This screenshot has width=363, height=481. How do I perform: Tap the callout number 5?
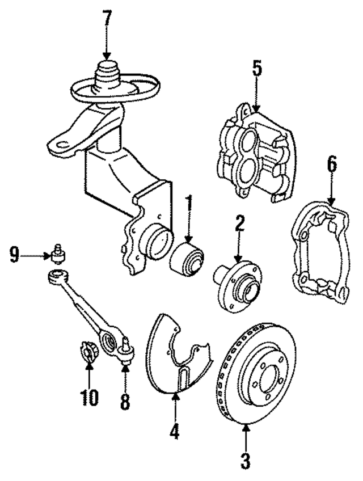click(x=256, y=70)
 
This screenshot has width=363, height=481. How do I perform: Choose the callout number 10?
click(x=88, y=396)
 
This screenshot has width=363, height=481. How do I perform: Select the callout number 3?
click(x=245, y=459)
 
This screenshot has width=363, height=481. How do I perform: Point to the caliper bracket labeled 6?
click(x=320, y=252)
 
